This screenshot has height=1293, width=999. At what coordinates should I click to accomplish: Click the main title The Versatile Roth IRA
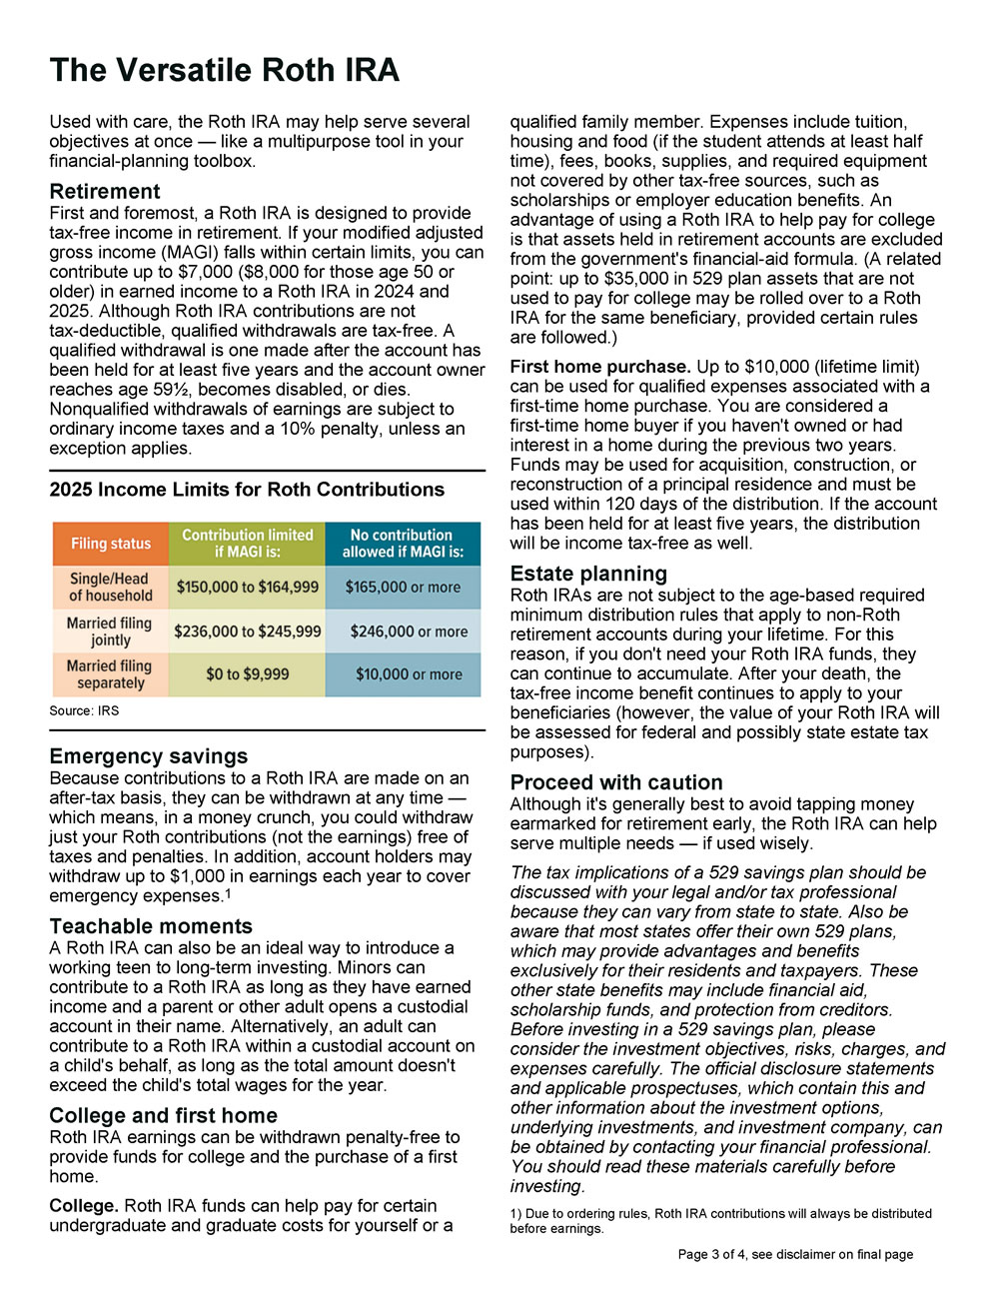coord(225,70)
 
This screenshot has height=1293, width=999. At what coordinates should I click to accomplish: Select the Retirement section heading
coord(105,191)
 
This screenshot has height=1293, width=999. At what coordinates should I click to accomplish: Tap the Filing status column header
coord(111,544)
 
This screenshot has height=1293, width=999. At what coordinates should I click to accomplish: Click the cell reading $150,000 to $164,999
coord(247,588)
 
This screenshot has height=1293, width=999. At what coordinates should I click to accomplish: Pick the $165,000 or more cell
coord(403,588)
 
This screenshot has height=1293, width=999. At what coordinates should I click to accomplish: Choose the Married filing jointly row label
coord(110,632)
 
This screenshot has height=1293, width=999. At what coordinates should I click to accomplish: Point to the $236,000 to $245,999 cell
coord(247,632)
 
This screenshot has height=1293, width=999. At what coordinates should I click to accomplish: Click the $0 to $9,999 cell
coord(247,674)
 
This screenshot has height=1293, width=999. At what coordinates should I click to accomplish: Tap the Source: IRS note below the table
coord(84,710)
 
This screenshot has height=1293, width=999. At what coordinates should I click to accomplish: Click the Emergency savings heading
coord(148,756)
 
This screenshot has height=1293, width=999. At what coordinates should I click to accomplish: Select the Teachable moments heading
coord(151,926)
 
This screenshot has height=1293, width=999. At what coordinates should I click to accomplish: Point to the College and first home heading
coord(163,1115)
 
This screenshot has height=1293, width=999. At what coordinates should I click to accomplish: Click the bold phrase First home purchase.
coord(600,367)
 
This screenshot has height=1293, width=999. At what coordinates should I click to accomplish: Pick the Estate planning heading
coord(588,574)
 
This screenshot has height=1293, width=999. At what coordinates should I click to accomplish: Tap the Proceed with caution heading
coord(616,782)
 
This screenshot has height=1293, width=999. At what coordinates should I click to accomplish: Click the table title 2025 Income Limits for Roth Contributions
coord(247,490)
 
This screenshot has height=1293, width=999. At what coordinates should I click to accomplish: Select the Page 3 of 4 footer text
coord(795,1254)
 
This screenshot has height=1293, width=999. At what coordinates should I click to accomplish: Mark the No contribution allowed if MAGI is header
coord(403,544)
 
